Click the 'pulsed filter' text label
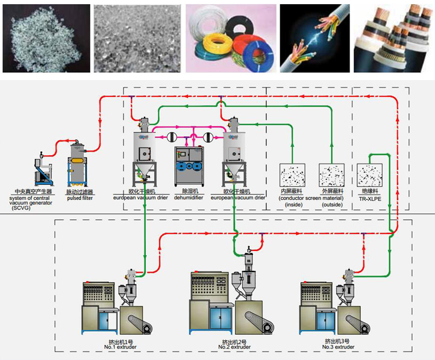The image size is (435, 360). (x=79, y=197)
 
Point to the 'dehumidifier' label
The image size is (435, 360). (x=189, y=197)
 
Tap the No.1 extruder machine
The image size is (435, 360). (x=117, y=310)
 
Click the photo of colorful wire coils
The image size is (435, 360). (x=231, y=37)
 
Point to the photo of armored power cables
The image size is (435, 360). (x=393, y=37)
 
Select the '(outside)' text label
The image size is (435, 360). (x=332, y=205)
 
